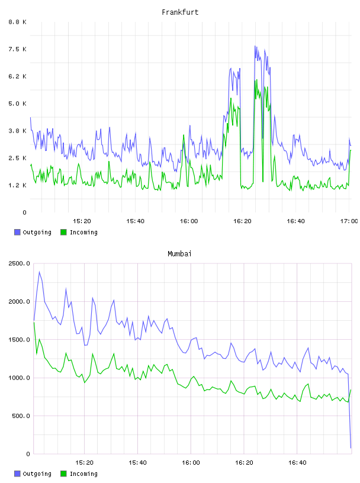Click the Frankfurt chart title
(x=180, y=12)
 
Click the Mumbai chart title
(x=179, y=253)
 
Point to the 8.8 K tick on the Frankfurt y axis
(x=18, y=22)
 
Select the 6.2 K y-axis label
(x=18, y=76)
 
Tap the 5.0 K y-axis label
(x=18, y=104)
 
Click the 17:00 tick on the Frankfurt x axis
(x=349, y=221)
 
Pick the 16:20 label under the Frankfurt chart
(x=242, y=221)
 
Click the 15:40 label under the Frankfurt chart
(x=136, y=221)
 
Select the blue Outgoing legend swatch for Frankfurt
(x=17, y=232)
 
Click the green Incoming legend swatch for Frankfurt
(x=63, y=232)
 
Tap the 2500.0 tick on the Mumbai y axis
(x=20, y=263)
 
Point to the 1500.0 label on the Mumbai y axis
(x=20, y=340)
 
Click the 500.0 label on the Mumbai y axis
(x=21, y=416)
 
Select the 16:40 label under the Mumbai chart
(x=297, y=462)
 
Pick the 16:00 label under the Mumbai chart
(x=191, y=462)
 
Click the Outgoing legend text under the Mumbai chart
(x=37, y=474)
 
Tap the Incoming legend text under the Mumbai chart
(x=83, y=474)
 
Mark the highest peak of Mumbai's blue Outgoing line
(x=40, y=272)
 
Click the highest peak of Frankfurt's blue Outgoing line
(x=255, y=46)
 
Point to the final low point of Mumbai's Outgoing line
(x=351, y=448)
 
